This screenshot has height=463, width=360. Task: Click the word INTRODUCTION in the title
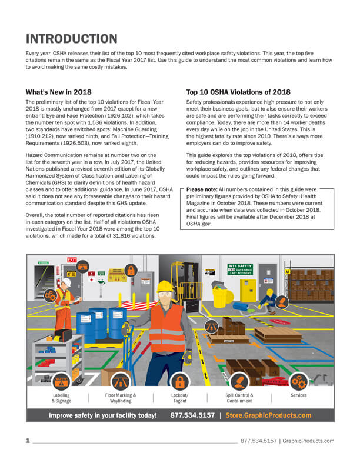(71, 39)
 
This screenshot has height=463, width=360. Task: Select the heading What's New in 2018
(58, 92)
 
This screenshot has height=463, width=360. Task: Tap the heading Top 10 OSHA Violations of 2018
(238, 92)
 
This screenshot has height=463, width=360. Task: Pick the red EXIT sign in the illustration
(72, 259)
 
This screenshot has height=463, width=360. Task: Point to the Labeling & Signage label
(61, 398)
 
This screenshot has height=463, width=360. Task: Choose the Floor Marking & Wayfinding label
(120, 398)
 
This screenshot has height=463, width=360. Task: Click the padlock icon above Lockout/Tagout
(180, 381)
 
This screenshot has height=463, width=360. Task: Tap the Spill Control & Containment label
(239, 398)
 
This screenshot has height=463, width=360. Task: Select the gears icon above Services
(298, 381)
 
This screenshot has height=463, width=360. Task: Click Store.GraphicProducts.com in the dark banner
(268, 415)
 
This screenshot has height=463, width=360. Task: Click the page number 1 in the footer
(28, 441)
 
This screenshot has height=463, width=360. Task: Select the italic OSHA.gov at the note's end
(199, 224)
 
